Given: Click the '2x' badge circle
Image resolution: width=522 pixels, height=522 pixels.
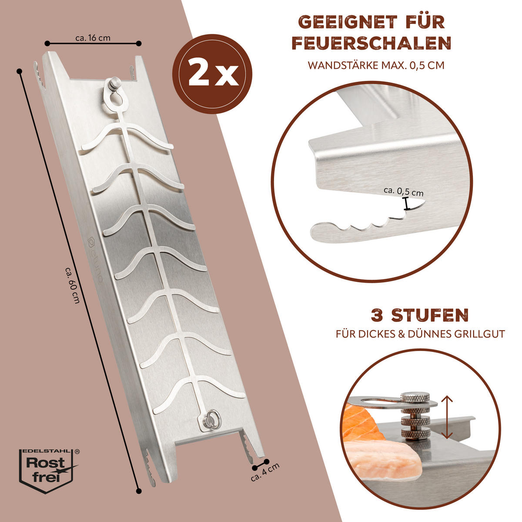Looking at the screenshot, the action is click(x=212, y=74).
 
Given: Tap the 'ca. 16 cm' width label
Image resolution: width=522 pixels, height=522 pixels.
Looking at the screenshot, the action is click(x=93, y=38).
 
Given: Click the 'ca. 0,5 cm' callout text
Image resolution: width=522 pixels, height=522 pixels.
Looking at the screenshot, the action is click(x=403, y=191).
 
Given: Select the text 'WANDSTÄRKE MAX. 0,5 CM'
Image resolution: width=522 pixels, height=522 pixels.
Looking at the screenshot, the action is click(x=376, y=66).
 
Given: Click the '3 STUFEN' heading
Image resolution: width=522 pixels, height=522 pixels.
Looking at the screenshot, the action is click(x=419, y=315).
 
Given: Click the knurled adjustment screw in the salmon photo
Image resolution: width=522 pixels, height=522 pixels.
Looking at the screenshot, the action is click(x=415, y=418).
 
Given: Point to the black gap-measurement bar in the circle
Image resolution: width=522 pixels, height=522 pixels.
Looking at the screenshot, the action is click(x=406, y=204).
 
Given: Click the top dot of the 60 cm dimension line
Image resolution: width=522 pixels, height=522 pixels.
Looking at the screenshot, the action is click(x=19, y=71).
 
